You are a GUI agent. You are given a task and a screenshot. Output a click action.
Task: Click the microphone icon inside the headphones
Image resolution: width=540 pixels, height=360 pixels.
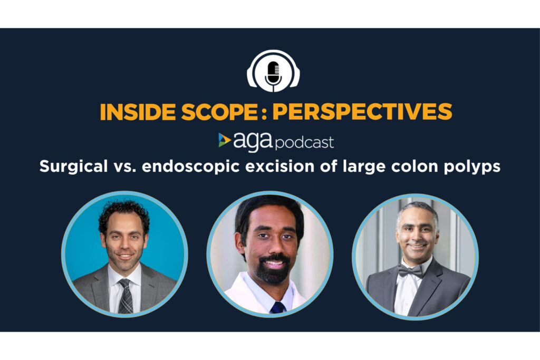coord(274,74)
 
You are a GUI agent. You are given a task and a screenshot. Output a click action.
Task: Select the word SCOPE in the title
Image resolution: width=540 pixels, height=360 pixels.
coord(219,112)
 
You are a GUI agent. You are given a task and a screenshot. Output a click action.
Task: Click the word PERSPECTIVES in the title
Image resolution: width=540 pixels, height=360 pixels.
coord(362,112)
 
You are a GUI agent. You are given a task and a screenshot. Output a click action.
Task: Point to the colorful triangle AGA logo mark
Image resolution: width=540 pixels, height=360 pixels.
coord(224,140)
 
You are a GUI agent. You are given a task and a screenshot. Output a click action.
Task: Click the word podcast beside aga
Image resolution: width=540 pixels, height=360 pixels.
coord(305,142)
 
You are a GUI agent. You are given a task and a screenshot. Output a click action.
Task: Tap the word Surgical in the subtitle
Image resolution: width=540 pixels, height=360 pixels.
coord(73,167)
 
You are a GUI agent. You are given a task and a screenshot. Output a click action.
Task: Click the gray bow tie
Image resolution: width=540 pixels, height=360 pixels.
coord(411,271)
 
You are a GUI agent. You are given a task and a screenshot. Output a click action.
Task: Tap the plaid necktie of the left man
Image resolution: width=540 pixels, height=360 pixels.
coord(126,296)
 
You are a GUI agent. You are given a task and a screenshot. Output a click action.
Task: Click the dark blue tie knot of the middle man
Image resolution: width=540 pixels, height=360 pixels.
coord(277,307)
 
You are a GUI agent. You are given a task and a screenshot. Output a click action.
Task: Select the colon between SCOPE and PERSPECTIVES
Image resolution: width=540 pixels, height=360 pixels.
coord(264,113)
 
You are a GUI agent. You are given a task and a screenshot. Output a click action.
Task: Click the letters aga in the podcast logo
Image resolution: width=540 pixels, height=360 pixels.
coord(253,141)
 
